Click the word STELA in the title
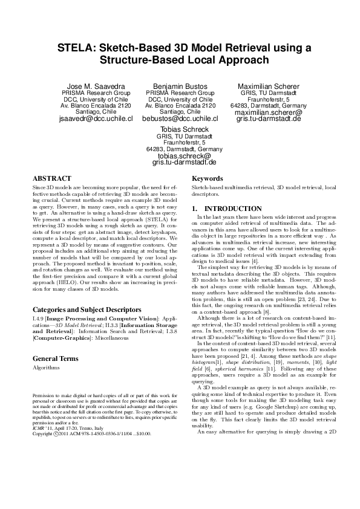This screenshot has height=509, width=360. (76, 48)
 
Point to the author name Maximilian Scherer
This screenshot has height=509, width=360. (259, 86)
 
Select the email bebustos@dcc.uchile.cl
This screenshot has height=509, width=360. (180, 119)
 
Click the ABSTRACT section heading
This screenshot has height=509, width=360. (52, 179)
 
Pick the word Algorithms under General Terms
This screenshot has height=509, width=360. (46, 367)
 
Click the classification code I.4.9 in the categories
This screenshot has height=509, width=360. (38, 316)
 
